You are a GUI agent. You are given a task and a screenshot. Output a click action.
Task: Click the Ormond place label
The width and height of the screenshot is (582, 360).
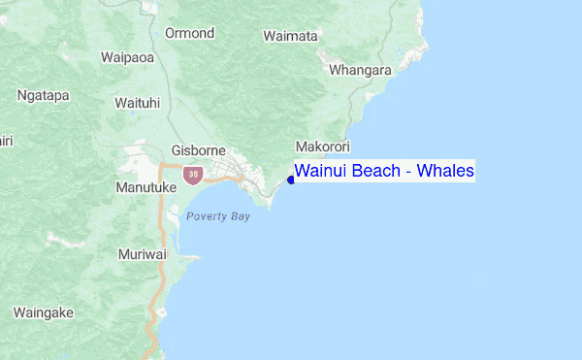[x=189, y=33]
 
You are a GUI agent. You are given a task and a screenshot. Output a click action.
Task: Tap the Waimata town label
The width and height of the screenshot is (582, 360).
[x=290, y=36]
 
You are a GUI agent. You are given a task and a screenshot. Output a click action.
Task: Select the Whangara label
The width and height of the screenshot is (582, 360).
[x=360, y=71]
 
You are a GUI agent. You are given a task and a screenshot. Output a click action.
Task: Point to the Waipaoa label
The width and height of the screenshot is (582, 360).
[x=127, y=57]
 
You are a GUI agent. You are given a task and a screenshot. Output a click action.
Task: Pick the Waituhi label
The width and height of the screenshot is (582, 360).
[x=136, y=103]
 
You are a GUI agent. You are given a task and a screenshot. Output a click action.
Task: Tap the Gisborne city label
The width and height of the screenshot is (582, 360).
[x=198, y=150]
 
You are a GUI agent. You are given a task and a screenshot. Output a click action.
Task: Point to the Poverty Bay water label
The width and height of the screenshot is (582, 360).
[x=218, y=216]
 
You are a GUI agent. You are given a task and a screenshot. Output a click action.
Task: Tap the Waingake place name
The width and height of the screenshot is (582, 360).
[x=45, y=312]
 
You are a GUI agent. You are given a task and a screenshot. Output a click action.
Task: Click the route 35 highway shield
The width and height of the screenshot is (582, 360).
[x=194, y=175]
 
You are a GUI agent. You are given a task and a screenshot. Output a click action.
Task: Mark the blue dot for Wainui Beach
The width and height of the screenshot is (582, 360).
[x=290, y=179]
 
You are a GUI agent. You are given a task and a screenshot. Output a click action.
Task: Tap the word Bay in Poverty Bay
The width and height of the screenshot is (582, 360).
[x=241, y=216]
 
